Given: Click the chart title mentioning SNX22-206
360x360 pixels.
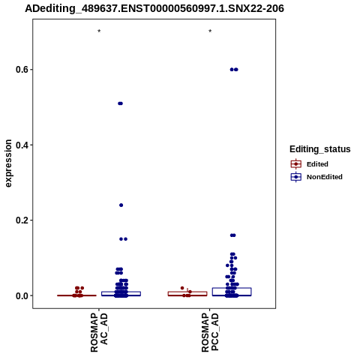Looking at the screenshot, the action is (x=154, y=9).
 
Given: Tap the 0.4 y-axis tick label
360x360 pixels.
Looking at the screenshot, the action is (x=22, y=145).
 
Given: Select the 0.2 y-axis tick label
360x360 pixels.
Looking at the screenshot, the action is (x=22, y=220).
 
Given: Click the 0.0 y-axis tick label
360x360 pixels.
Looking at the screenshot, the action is (x=22, y=295).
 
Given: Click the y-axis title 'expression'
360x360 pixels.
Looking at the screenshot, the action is (x=8, y=163).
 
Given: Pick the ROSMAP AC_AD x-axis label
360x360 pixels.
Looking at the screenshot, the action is (x=99, y=332).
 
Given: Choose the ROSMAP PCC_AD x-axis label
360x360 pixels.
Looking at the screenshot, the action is (x=210, y=332).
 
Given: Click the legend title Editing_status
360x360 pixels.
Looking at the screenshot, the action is (x=320, y=149).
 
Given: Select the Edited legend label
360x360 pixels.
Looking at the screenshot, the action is (x=317, y=164).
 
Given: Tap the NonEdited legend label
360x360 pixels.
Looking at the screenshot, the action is (x=325, y=177).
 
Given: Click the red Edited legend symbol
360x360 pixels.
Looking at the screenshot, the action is (x=296, y=164).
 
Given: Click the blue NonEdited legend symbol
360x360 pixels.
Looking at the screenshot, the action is (x=296, y=177).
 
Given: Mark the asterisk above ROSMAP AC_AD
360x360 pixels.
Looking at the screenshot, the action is (x=99, y=31).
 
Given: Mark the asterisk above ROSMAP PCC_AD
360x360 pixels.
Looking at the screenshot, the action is (x=210, y=31).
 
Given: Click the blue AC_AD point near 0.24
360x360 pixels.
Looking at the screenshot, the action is (x=121, y=205).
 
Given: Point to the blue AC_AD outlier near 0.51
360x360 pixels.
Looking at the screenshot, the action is (x=120, y=103).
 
